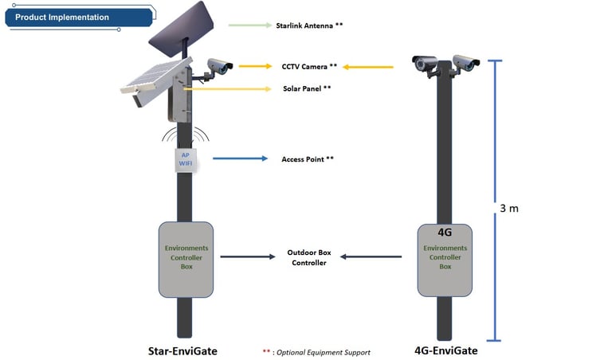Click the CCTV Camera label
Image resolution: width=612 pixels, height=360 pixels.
click(309, 66)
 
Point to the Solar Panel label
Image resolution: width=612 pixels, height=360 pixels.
click(307, 88)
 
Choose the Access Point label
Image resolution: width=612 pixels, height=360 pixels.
click(308, 159)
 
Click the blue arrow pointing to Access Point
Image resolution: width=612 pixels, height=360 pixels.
click(240, 159)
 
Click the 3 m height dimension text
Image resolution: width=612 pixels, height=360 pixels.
click(509, 209)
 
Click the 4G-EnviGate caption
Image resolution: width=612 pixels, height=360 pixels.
click(445, 350)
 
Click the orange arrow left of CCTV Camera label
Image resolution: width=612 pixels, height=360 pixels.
click(255, 66)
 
